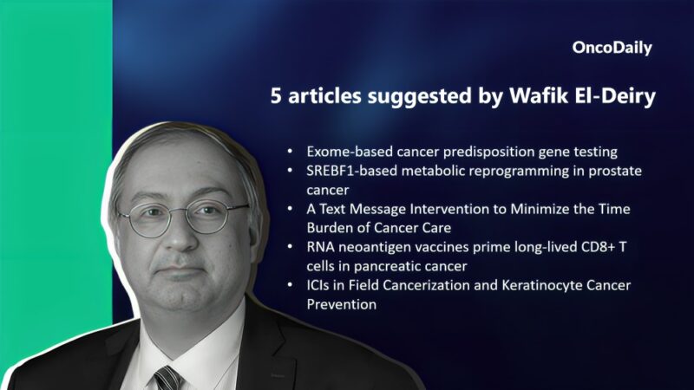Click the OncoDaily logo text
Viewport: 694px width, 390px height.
click(x=612, y=49)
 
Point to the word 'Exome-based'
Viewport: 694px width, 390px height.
click(x=340, y=152)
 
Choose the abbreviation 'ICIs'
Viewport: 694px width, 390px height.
click(x=319, y=285)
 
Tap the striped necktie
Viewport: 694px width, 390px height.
click(x=167, y=377)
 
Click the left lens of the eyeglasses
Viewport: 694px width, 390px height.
click(x=141, y=219)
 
